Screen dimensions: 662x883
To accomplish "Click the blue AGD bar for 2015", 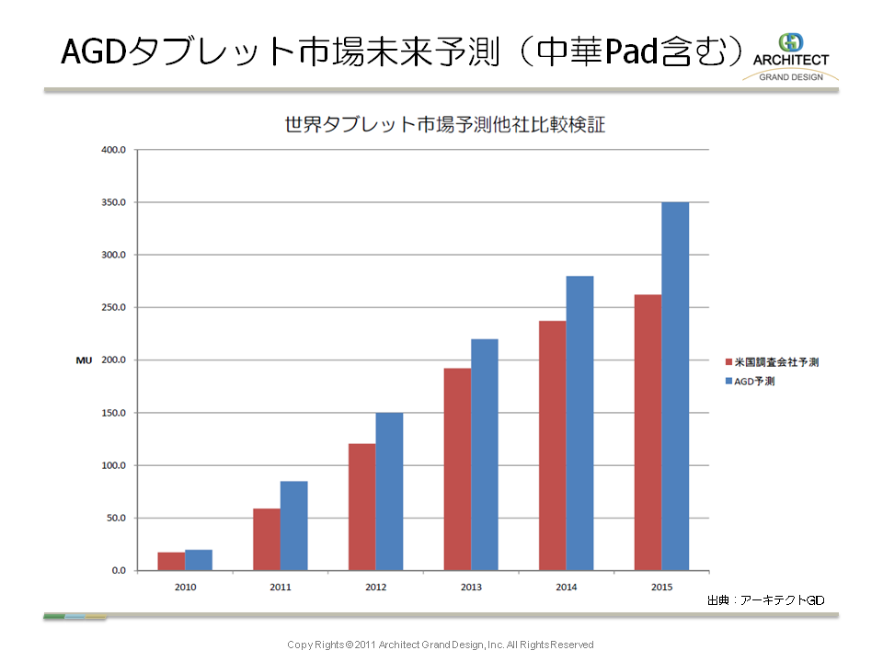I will click(x=675, y=386).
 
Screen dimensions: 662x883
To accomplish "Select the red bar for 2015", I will click(x=648, y=432).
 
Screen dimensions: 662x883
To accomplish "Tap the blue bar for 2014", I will click(x=579, y=423).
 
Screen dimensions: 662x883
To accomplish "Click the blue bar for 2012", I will click(x=389, y=492).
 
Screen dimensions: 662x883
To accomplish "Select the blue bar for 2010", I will click(x=199, y=560).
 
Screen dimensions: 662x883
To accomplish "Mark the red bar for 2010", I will click(x=171, y=561).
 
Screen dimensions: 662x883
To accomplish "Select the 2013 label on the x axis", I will click(x=471, y=588).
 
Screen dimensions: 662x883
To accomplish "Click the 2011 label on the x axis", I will click(x=281, y=588).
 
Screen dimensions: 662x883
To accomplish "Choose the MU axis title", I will click(x=84, y=360).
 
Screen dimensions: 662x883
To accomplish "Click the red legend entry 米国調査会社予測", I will click(x=772, y=362).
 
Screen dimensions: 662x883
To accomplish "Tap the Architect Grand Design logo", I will click(x=790, y=57).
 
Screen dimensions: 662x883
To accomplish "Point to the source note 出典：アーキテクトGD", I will click(x=765, y=600).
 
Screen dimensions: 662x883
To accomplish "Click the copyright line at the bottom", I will click(x=441, y=645).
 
